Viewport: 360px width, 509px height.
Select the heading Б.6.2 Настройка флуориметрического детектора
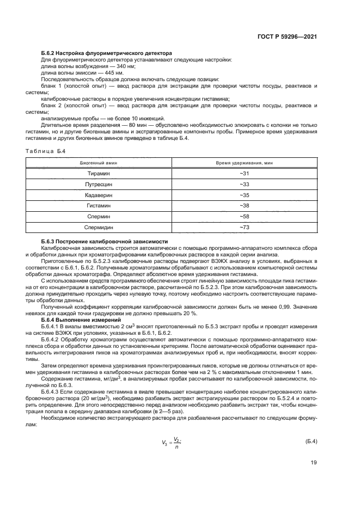pyautogui.click(x=107, y=53)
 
